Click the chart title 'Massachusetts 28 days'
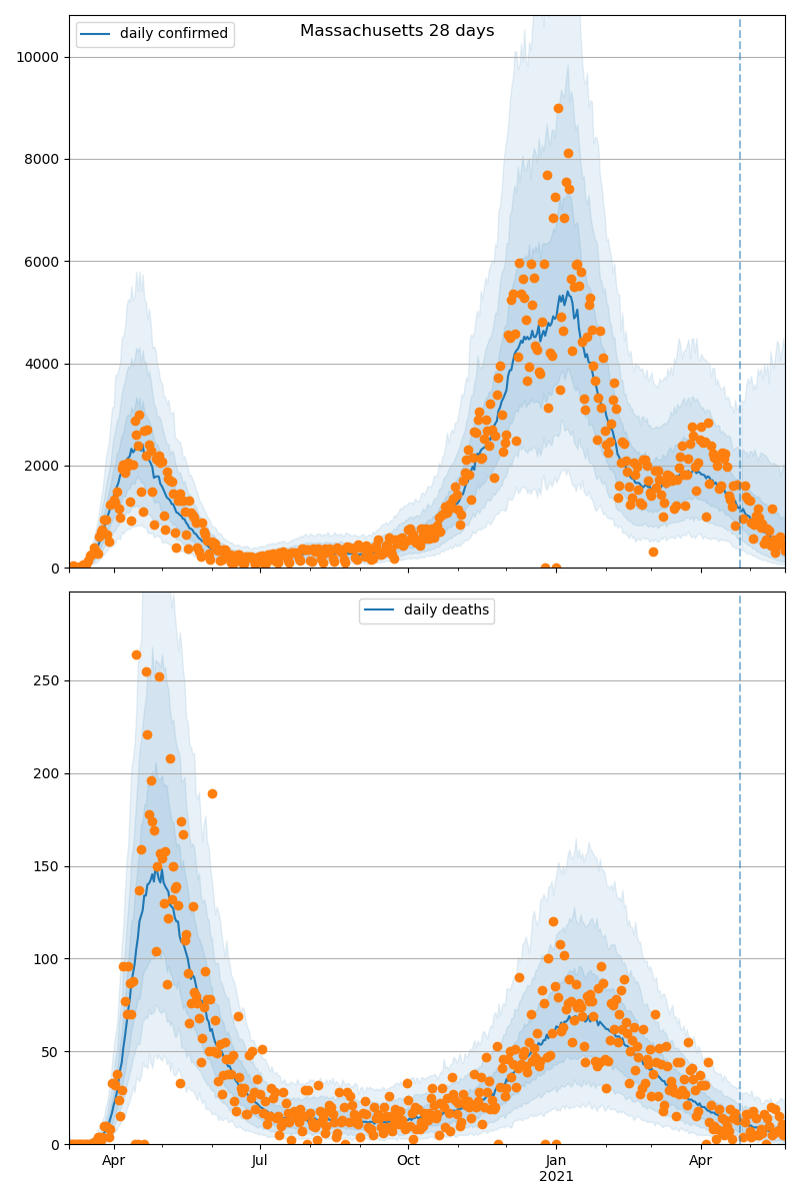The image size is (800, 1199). tap(397, 31)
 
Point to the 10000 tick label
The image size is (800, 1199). tap(38, 57)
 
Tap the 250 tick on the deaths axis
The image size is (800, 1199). tap(46, 680)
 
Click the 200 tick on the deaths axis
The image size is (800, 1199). tap(46, 773)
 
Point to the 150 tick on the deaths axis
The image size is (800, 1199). tap(46, 866)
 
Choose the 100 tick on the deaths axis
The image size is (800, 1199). tap(46, 959)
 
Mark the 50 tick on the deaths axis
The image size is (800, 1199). tap(50, 1052)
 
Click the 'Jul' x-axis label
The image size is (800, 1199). tap(260, 1161)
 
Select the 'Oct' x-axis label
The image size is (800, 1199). tap(408, 1161)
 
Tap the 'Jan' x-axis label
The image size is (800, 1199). tap(556, 1161)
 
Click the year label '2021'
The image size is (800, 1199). tap(556, 1177)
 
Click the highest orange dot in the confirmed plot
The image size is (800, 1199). tap(558, 109)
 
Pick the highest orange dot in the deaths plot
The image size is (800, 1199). tap(136, 655)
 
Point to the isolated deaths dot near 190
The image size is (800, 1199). tap(212, 793)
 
